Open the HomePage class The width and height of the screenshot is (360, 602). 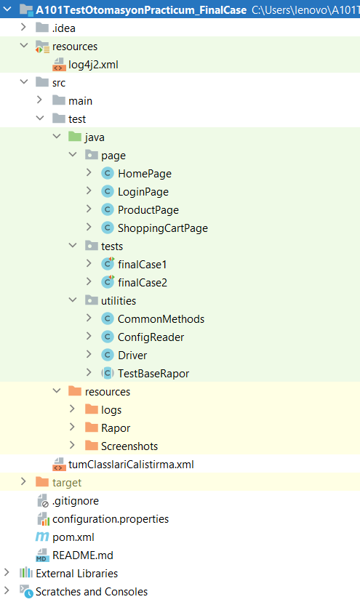point(144,174)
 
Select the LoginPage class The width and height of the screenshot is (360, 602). point(143,192)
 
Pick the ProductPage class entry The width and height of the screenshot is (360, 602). point(148,210)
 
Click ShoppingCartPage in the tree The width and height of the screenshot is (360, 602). point(162,228)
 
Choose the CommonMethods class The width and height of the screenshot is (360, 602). point(161,319)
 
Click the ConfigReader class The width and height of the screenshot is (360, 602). point(151,337)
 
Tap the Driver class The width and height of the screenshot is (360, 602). point(132,356)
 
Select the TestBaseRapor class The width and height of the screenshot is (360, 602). point(153,374)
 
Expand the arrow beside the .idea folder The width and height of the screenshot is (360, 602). point(24,28)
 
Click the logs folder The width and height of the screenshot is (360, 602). point(111,410)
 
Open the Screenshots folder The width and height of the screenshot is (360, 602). point(129,446)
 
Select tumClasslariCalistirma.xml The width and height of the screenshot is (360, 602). point(131,465)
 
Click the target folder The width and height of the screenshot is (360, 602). point(66,483)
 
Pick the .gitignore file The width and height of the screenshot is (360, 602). point(75,501)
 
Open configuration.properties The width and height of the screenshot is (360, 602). point(110,519)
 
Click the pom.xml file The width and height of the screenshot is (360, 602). point(73,537)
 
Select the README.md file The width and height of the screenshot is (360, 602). point(83,555)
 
